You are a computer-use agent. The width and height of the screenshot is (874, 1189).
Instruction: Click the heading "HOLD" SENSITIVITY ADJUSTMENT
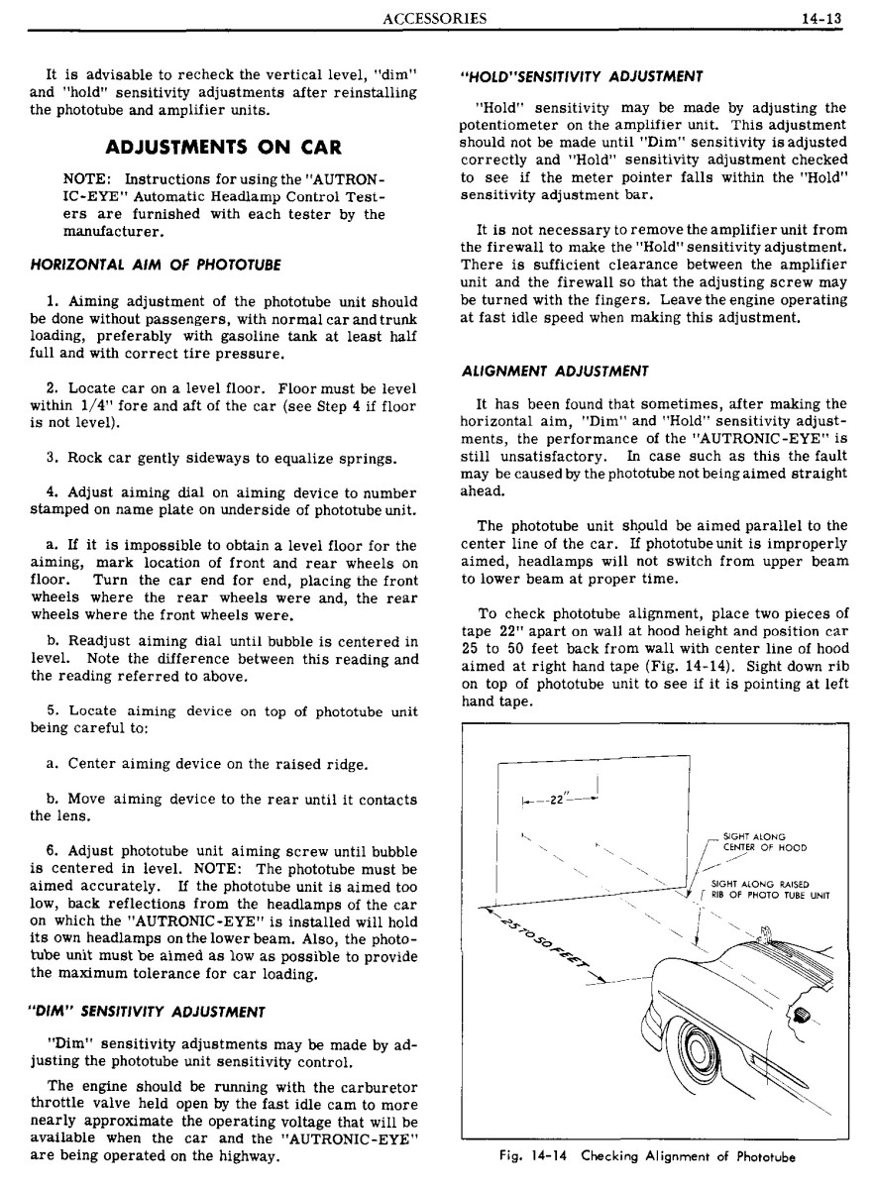point(583,75)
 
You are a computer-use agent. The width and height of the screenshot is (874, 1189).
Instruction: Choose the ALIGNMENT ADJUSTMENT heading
point(555,371)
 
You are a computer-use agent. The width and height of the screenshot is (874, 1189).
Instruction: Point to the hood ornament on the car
point(765,933)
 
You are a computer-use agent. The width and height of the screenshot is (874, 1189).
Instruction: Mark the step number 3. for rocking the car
point(53,458)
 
